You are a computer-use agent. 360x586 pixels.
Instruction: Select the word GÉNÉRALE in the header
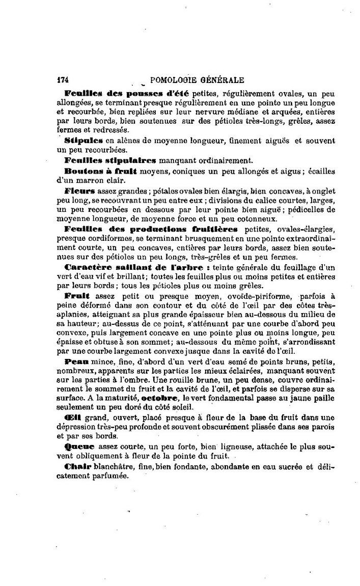pyautogui.click(x=223, y=80)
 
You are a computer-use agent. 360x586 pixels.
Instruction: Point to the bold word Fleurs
pyautogui.click(x=78, y=190)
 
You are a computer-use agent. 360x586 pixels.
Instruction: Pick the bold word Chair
pyautogui.click(x=77, y=466)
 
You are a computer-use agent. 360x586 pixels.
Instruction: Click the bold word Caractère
pyautogui.click(x=87, y=266)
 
